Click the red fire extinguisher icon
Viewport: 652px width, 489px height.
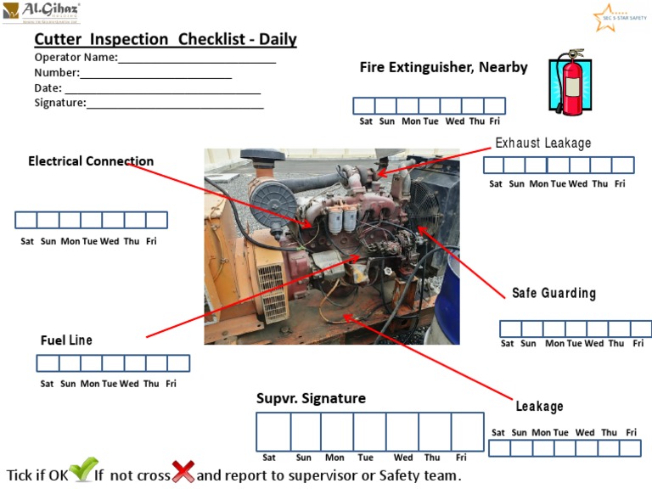[570, 83]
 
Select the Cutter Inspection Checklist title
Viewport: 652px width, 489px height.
[166, 40]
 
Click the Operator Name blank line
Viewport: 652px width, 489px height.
[197, 58]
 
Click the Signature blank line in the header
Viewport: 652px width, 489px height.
[175, 104]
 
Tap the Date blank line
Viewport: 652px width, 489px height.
[162, 88]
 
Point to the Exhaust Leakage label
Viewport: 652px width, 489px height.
[543, 143]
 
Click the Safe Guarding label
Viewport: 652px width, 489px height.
[554, 293]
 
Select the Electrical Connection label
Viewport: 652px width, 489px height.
[91, 161]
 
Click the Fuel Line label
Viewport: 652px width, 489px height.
[66, 340]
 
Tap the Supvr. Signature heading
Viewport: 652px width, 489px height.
[311, 398]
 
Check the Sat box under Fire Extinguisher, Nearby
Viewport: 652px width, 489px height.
[364, 106]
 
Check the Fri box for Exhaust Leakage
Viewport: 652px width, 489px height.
[623, 166]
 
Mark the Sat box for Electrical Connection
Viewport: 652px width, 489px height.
[26, 221]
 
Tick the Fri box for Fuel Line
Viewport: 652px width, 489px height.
[178, 363]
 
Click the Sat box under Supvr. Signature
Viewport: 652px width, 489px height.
[273, 431]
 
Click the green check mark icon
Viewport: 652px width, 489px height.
[83, 470]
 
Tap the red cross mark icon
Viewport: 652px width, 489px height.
[183, 471]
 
